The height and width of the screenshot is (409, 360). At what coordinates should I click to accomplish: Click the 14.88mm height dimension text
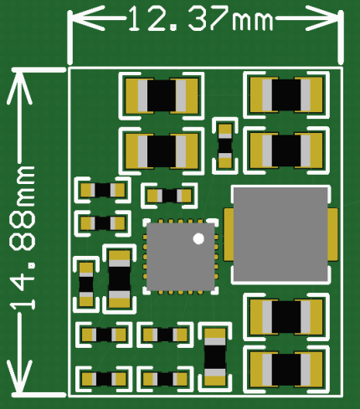[x=23, y=238]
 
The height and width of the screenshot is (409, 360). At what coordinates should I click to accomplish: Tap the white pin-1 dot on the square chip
[x=198, y=239]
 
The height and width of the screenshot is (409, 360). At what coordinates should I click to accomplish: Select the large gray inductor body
[x=279, y=234]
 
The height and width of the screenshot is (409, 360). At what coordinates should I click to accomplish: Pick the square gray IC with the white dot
[x=179, y=256]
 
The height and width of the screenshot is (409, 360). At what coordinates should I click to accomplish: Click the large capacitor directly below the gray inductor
[x=286, y=316]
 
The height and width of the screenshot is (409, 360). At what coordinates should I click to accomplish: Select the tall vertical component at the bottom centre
[x=216, y=357]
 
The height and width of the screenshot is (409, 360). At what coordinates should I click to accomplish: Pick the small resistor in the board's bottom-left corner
[x=103, y=379]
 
